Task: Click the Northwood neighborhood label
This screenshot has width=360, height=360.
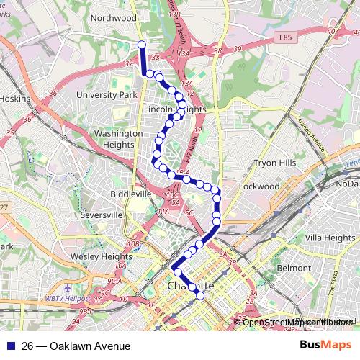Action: (x=114, y=17)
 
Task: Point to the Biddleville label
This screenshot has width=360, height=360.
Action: (x=131, y=194)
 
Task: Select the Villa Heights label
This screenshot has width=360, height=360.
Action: (x=328, y=238)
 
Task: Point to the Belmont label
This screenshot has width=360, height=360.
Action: (x=294, y=268)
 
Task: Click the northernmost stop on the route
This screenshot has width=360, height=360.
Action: (x=141, y=45)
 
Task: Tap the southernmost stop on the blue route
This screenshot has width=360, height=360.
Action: (x=200, y=296)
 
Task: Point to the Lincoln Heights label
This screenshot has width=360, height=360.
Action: (x=175, y=109)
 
